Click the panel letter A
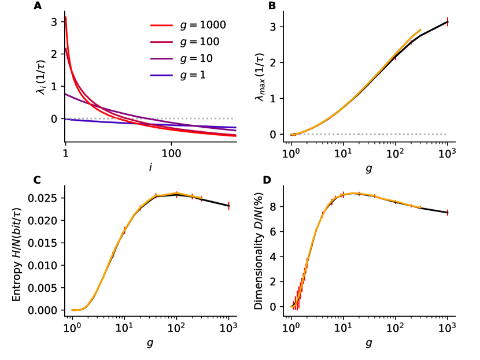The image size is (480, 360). click(38, 6)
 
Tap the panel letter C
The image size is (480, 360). click(38, 180)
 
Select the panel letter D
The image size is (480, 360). click(267, 180)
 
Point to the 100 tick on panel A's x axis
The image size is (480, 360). click(170, 154)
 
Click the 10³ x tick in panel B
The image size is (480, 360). click(448, 154)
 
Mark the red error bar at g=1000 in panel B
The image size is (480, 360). click(448, 22)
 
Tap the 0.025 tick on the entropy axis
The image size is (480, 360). click(47, 198)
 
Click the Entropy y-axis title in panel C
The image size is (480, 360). click(17, 250)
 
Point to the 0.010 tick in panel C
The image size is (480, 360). click(47, 265)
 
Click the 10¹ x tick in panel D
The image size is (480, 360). click(343, 328)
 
